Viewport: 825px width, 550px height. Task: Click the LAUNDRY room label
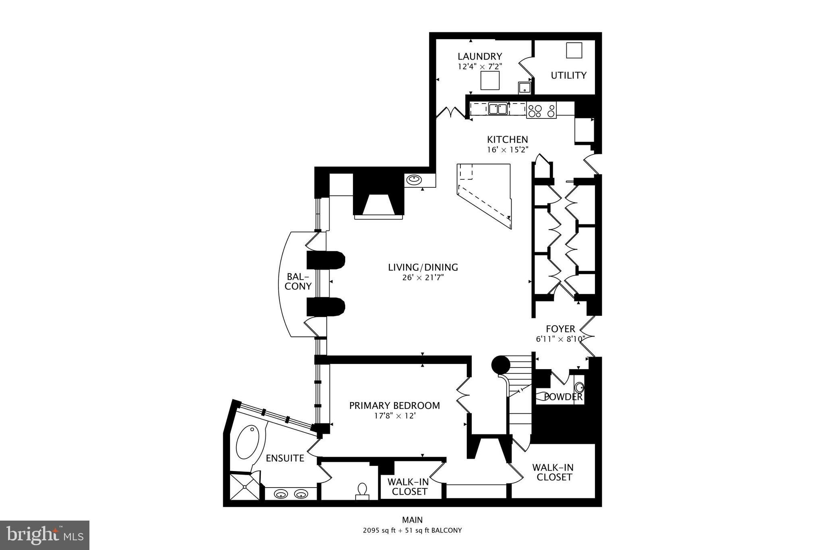click(x=480, y=56)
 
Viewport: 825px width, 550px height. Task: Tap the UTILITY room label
click(x=568, y=75)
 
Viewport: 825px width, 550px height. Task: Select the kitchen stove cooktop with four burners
click(x=541, y=110)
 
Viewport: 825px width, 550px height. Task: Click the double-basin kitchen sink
click(x=497, y=109)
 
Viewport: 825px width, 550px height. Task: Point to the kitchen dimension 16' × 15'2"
click(x=507, y=149)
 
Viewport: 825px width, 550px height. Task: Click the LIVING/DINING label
click(x=423, y=267)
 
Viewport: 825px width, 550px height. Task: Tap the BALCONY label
click(x=298, y=281)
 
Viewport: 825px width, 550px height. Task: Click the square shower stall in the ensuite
click(x=244, y=486)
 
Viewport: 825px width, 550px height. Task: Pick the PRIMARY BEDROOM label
click(x=394, y=406)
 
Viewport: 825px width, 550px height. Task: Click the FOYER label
click(x=560, y=329)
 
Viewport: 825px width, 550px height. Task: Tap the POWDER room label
click(x=563, y=397)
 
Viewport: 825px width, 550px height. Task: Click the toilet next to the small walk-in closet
click(x=362, y=491)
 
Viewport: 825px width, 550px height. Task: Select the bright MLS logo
click(x=45, y=535)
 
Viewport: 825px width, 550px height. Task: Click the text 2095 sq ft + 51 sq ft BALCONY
click(x=412, y=530)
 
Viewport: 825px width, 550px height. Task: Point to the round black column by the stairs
click(x=501, y=365)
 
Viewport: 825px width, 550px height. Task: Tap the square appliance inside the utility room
click(x=574, y=50)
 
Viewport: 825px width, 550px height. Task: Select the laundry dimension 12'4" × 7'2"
click(x=480, y=66)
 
